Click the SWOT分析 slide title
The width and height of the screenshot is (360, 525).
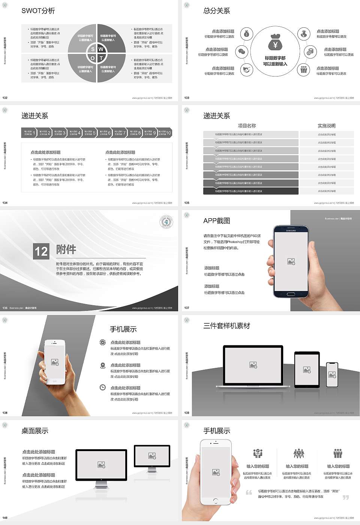(x=38, y=11)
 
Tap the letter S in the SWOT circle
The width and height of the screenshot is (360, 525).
(x=93, y=49)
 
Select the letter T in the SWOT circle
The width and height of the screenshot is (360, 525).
(x=101, y=58)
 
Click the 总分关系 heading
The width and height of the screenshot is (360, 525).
(x=216, y=11)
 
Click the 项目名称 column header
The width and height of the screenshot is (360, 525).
(x=247, y=126)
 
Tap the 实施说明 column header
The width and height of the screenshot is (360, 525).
(x=326, y=126)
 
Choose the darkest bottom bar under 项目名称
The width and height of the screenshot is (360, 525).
(x=250, y=191)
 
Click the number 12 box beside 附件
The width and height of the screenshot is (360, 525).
(x=41, y=251)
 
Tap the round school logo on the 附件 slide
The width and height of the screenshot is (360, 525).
(x=166, y=222)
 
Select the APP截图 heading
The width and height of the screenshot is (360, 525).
(x=216, y=221)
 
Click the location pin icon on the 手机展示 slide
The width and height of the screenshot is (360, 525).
(x=102, y=365)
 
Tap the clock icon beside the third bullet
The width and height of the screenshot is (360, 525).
(x=102, y=387)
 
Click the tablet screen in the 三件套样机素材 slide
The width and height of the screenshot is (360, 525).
(x=307, y=370)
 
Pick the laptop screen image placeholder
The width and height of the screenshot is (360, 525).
(x=253, y=364)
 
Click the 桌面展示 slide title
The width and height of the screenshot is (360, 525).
(x=34, y=431)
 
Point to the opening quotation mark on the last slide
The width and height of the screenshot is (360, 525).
(x=249, y=492)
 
